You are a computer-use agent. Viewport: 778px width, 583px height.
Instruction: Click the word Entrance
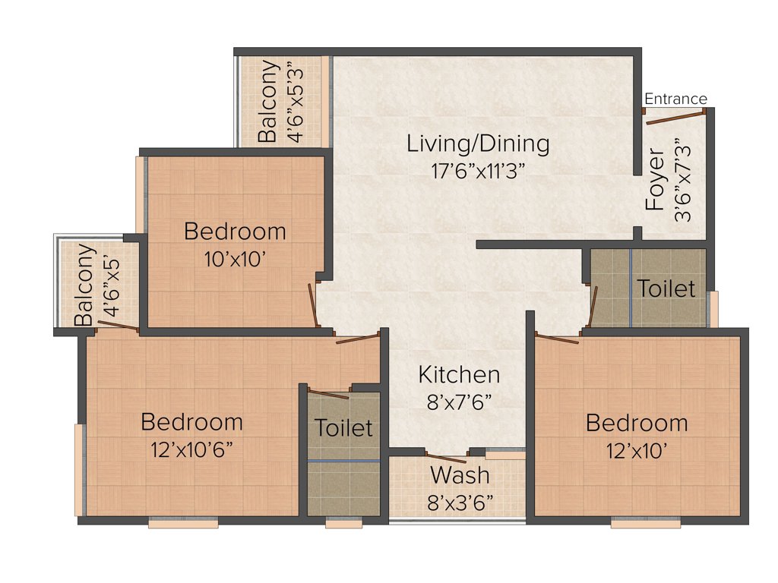pyautogui.click(x=675, y=99)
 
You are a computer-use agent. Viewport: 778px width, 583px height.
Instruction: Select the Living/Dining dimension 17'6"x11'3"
pyautogui.click(x=478, y=169)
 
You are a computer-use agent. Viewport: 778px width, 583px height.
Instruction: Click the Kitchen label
pyautogui.click(x=459, y=374)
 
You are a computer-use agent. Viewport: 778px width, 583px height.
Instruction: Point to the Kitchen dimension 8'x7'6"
pyautogui.click(x=459, y=402)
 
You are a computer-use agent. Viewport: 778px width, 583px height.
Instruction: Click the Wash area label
pyautogui.click(x=460, y=476)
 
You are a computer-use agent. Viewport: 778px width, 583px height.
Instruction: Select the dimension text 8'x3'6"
pyautogui.click(x=460, y=502)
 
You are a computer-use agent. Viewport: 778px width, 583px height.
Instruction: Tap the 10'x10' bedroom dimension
pyautogui.click(x=235, y=258)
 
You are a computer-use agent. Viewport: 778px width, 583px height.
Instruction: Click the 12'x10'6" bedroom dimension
pyautogui.click(x=191, y=449)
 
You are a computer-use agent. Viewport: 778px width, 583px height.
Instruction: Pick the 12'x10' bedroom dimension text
pyautogui.click(x=636, y=451)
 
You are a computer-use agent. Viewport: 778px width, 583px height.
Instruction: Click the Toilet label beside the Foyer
pyautogui.click(x=666, y=288)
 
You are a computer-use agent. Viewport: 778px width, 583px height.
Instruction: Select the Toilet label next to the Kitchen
pyautogui.click(x=343, y=427)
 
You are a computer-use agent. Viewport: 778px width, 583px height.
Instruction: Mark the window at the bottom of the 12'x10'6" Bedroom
pyautogui.click(x=182, y=523)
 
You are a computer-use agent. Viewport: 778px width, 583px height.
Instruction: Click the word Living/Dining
pyautogui.click(x=478, y=143)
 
